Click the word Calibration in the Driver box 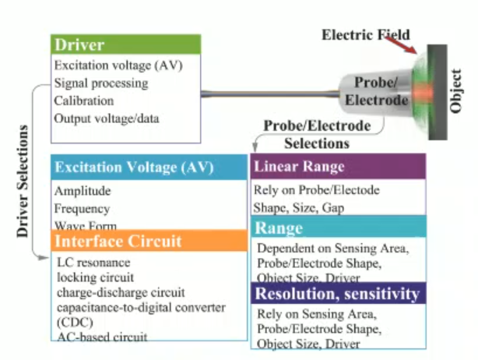pos(84,101)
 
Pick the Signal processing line pos(101,83)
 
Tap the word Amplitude pos(83,191)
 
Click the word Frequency pos(82,209)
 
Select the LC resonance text pos(93,263)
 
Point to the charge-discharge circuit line pos(120,292)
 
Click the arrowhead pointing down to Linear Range pos(254,150)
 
